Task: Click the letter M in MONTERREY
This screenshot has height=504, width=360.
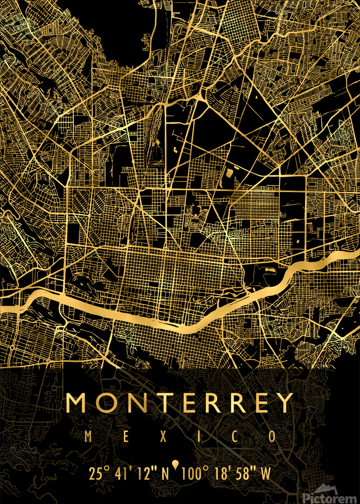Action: click(78, 403)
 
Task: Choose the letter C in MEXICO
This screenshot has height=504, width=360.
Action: click(224, 436)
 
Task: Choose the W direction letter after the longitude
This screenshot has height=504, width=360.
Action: click(265, 474)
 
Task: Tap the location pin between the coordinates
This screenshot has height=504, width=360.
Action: click(176, 465)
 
